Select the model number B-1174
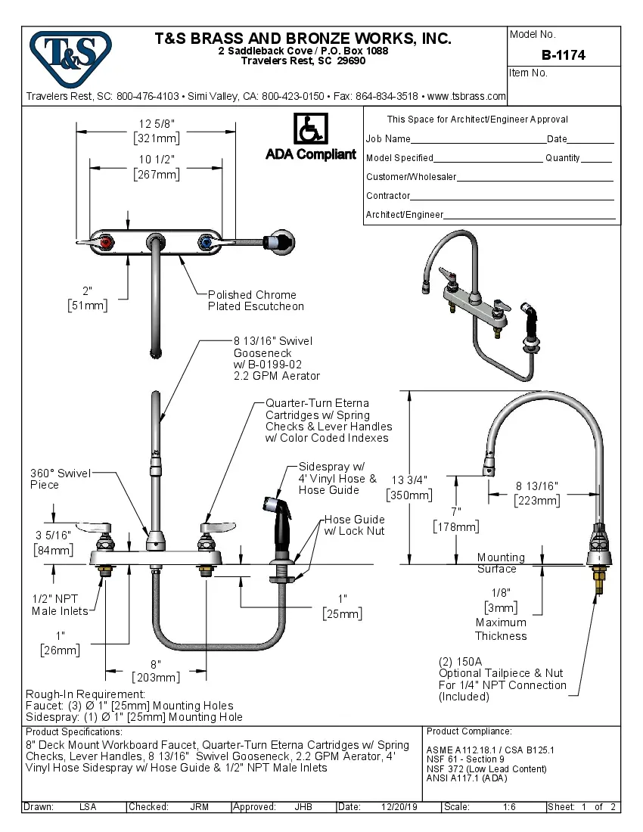(564, 55)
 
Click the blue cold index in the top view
(203, 242)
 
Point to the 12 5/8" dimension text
(156, 124)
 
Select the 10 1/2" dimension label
(156, 160)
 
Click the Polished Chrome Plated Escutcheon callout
(256, 300)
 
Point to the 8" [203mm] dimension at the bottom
(156, 670)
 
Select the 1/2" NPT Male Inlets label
(60, 604)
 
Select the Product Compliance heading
(469, 731)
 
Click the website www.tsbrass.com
(467, 96)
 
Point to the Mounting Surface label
(500, 563)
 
